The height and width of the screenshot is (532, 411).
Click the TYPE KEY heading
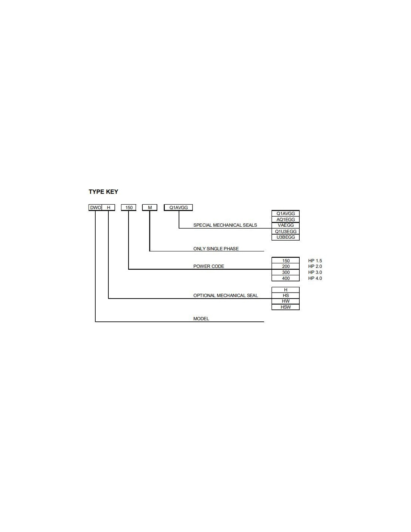coord(103,192)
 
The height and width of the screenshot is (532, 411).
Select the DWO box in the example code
coord(95,208)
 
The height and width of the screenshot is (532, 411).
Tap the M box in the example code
coord(149,208)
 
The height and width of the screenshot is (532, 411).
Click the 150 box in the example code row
coord(129,208)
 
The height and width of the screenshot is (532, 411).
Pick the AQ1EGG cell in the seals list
coord(285,219)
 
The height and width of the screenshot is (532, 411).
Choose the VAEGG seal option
coord(285,225)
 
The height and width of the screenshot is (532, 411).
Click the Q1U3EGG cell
coord(285,231)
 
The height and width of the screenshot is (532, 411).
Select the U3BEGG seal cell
coord(285,237)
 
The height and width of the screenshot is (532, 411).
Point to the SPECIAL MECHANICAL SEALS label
coord(225,225)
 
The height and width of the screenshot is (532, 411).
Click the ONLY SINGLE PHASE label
coord(216,248)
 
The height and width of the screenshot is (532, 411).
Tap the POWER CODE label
coord(208,266)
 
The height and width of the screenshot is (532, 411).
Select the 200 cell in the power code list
coord(285,266)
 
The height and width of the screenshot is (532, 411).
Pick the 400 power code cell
coord(285,278)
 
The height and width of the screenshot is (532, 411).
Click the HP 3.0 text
coord(315,272)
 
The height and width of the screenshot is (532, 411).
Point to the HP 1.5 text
coord(315,261)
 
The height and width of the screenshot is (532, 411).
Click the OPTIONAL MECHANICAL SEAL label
coord(225,296)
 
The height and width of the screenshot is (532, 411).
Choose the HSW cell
coord(285,307)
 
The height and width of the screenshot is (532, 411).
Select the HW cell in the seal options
coord(285,301)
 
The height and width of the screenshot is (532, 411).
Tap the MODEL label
coord(201,318)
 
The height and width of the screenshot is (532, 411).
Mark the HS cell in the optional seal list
coord(285,296)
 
